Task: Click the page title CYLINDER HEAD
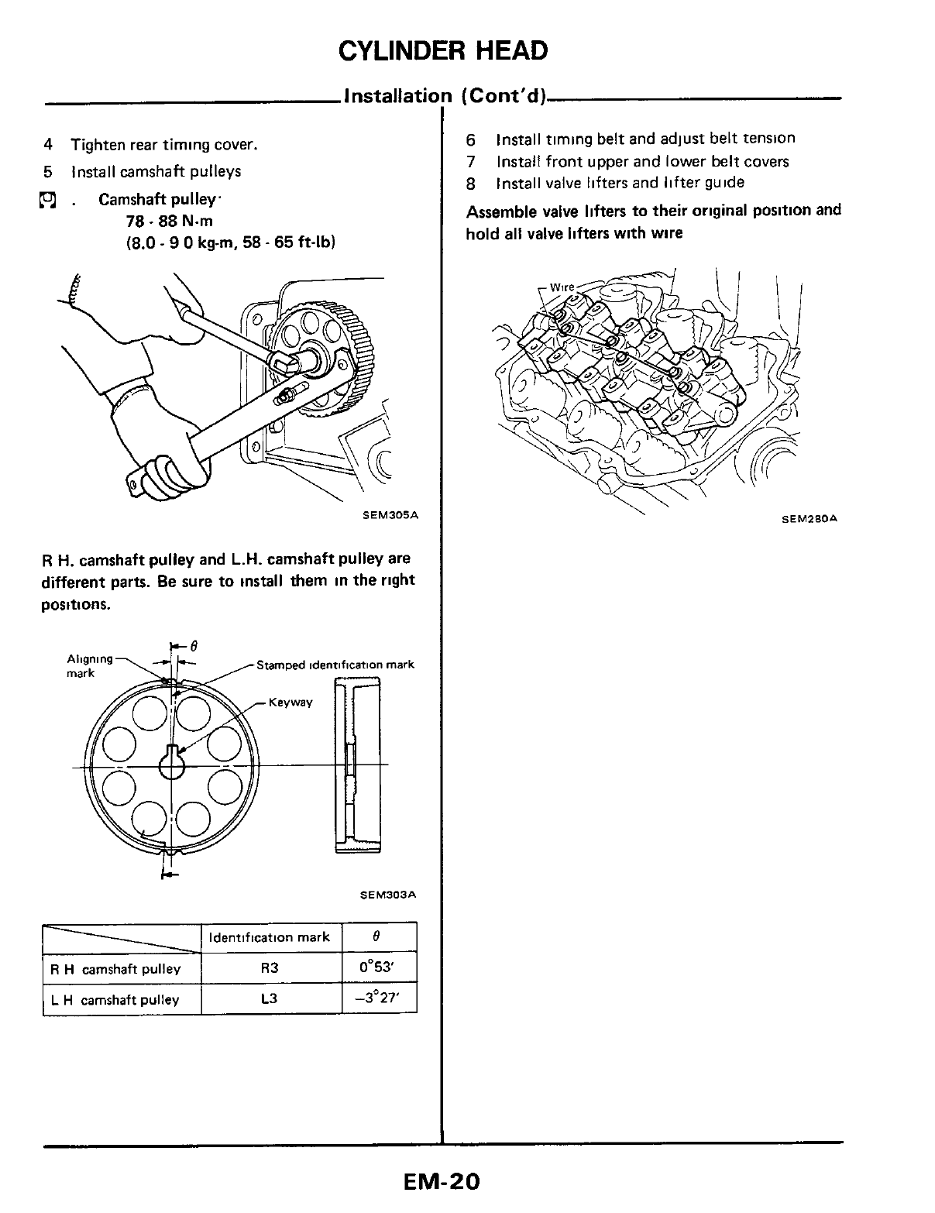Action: click(x=443, y=50)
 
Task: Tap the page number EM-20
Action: click(x=442, y=1182)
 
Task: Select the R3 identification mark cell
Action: click(x=270, y=968)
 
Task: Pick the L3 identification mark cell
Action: click(x=270, y=999)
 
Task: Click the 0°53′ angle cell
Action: click(x=379, y=968)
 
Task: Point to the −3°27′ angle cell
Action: click(x=379, y=999)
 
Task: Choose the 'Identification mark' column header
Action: click(x=270, y=937)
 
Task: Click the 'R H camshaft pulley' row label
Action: click(x=115, y=969)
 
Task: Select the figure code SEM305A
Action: click(x=390, y=515)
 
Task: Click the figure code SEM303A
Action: click(x=389, y=895)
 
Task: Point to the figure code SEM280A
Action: click(x=810, y=519)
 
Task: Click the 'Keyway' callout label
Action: click(x=290, y=703)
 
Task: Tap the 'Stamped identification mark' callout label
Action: click(x=335, y=665)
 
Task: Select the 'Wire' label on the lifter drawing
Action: click(x=562, y=287)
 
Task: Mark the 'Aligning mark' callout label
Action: click(x=90, y=665)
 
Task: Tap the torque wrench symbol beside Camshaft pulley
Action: click(x=49, y=201)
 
